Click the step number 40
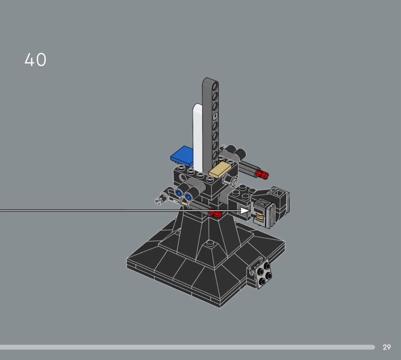point(35,60)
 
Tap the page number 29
point(386,347)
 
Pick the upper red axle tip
point(263,174)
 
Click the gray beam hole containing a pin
point(215,116)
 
